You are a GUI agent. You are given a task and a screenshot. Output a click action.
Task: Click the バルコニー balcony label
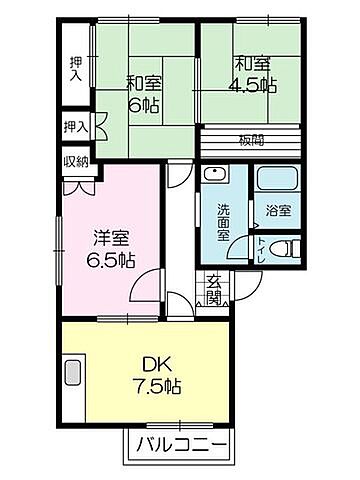point(180,443)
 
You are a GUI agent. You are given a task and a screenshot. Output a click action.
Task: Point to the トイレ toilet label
point(261,249)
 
